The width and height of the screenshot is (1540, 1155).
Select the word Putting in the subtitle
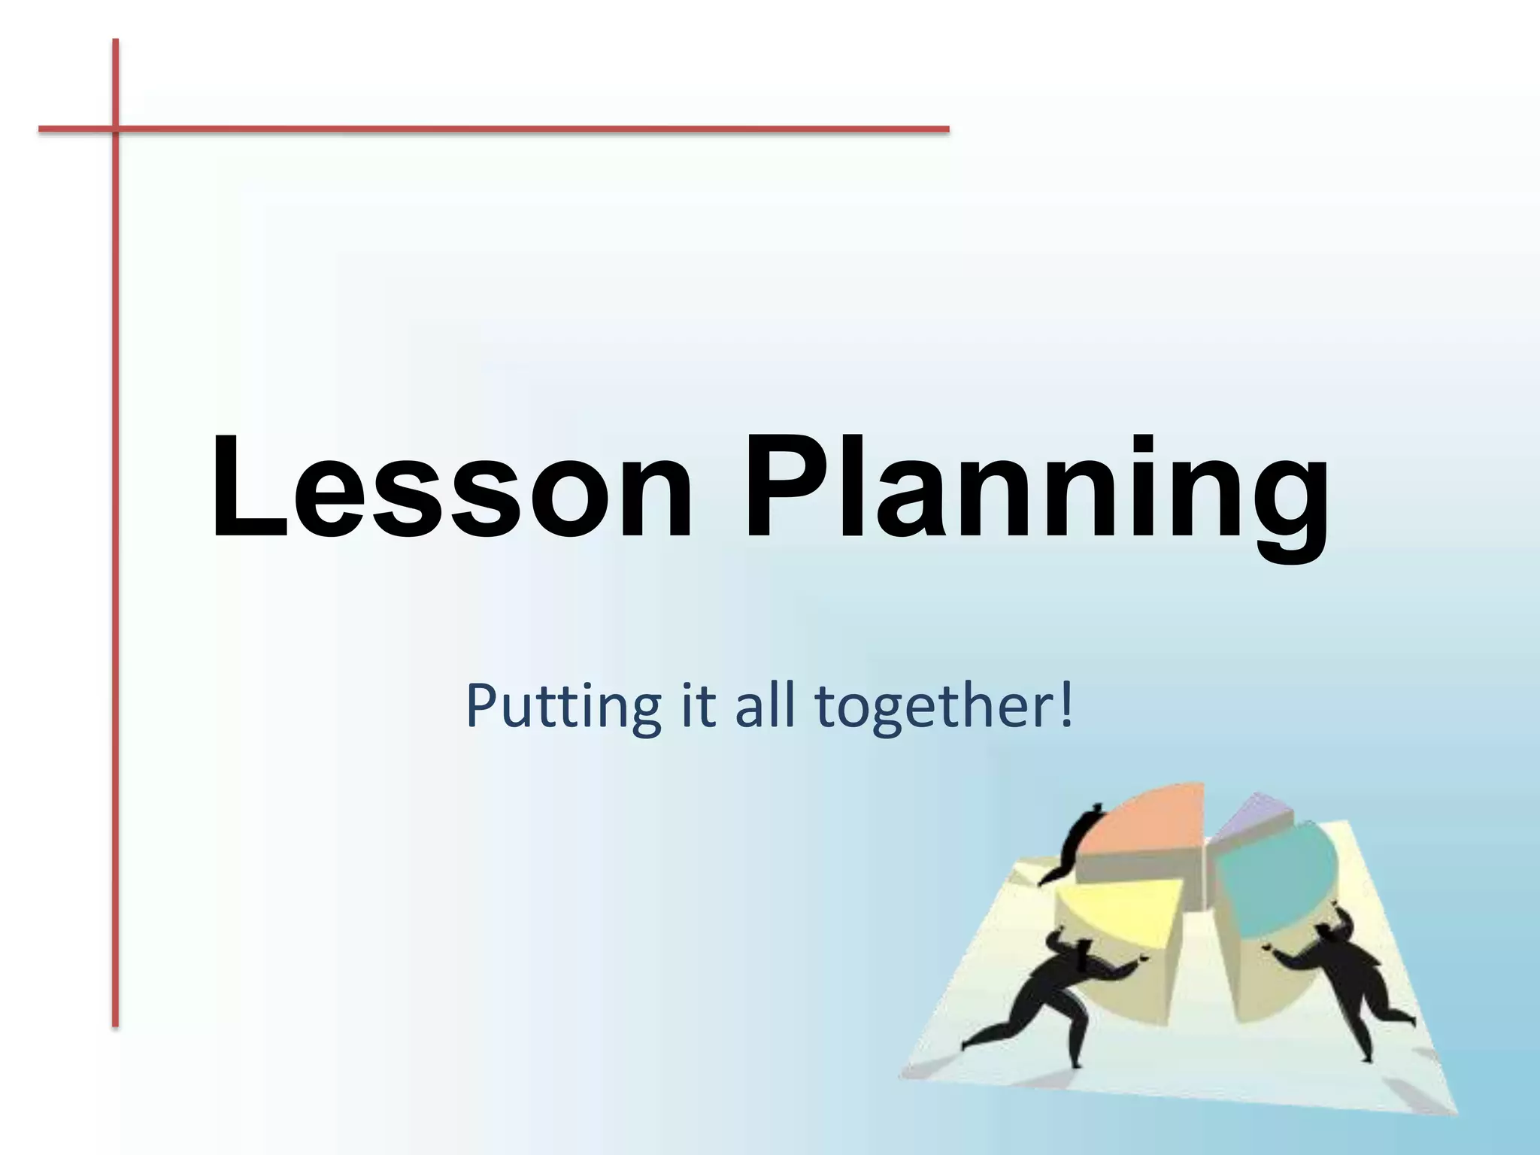coord(563,707)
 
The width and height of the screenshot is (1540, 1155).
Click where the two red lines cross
coord(116,129)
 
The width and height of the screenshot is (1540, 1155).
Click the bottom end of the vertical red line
coord(116,1023)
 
